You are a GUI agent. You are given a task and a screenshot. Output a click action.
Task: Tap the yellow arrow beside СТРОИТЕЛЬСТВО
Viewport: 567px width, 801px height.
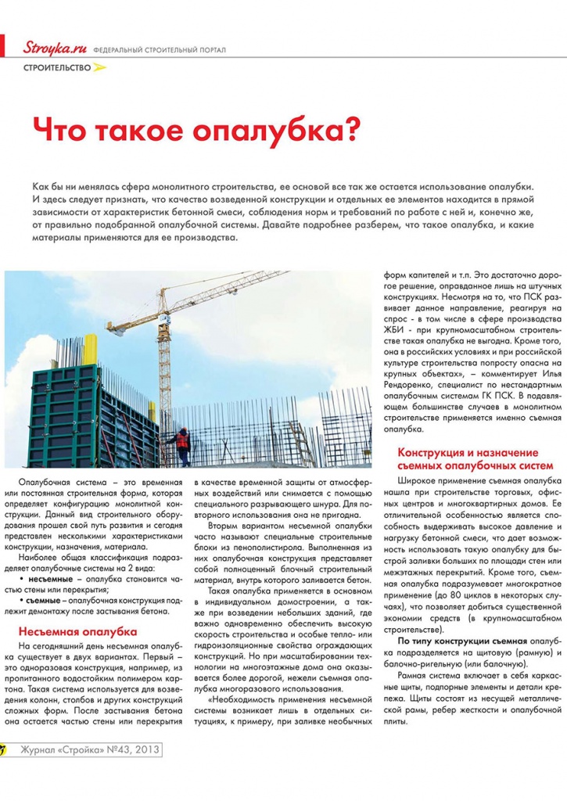pos(99,68)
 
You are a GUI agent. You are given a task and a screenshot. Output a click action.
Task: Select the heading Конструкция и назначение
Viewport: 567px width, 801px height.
pos(468,453)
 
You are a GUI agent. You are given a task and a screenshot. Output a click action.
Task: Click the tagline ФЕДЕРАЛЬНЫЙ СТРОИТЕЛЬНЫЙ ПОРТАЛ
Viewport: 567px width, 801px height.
pos(160,50)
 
